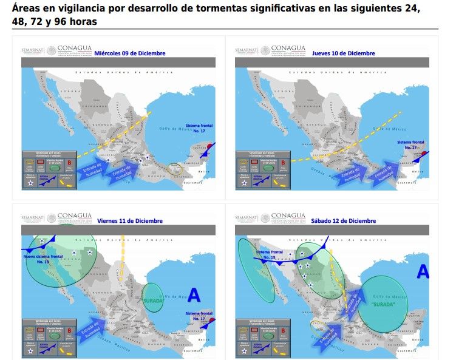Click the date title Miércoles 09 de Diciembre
(138, 53)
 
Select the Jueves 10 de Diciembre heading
(343, 53)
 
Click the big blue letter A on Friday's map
(194, 295)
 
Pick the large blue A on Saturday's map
(423, 271)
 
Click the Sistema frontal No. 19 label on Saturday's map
(268, 254)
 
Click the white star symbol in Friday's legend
(30, 347)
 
